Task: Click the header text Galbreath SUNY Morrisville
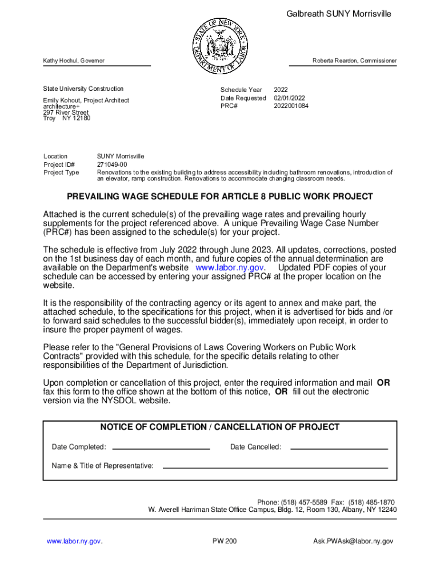[339, 14]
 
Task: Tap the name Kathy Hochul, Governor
[74, 61]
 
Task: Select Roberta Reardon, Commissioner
[354, 61]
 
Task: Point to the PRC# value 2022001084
[291, 106]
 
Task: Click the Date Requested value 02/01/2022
[290, 98]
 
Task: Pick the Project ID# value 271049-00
[113, 165]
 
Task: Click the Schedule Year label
[241, 90]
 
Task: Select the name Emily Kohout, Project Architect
[86, 101]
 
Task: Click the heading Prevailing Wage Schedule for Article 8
[219, 197]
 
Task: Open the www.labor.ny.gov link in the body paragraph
[230, 268]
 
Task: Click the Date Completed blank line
[162, 448]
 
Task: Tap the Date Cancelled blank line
[339, 448]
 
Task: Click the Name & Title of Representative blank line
[275, 467]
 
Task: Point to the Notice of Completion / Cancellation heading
[219, 427]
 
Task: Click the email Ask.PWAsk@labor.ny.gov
[353, 541]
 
